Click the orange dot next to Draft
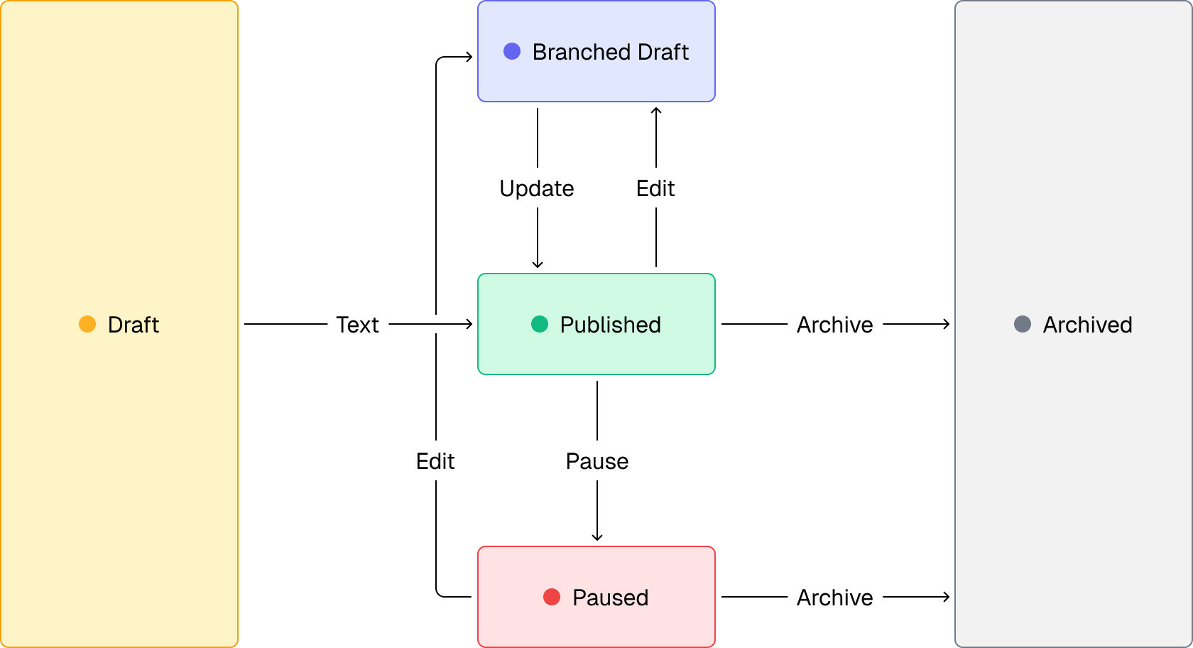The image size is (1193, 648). click(x=87, y=324)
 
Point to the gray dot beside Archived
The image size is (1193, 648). click(x=1023, y=324)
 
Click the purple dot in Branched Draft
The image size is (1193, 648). click(x=512, y=51)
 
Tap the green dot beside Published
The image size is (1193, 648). click(x=540, y=324)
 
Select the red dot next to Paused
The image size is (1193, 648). click(x=552, y=597)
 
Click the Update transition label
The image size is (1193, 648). click(x=537, y=188)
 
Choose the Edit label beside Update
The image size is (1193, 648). click(x=655, y=188)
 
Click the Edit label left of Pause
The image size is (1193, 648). click(x=435, y=460)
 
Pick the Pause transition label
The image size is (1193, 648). click(x=596, y=460)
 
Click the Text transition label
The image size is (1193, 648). click(x=358, y=324)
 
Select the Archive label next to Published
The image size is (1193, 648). click(x=835, y=324)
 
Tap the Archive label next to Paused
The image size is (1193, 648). click(x=835, y=597)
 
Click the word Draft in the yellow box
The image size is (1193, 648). click(x=134, y=325)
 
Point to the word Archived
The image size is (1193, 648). click(x=1087, y=325)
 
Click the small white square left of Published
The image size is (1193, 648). click(x=436, y=324)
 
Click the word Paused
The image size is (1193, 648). click(x=610, y=598)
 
